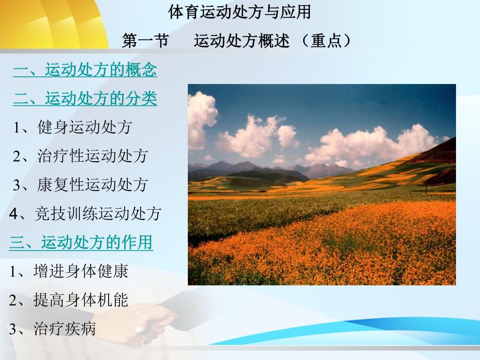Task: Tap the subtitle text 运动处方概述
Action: (x=241, y=41)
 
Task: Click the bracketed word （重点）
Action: (x=328, y=41)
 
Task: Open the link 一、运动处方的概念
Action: (x=85, y=70)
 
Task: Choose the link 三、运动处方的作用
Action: (x=81, y=242)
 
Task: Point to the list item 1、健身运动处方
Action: (x=73, y=127)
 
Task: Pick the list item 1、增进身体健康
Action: (x=68, y=271)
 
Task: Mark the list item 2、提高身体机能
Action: (x=68, y=300)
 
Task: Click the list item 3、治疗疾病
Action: (x=52, y=329)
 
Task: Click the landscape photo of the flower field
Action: (x=321, y=185)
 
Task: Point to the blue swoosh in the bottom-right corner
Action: (x=365, y=337)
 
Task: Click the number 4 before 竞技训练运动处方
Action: (x=14, y=213)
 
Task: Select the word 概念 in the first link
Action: (x=141, y=70)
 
